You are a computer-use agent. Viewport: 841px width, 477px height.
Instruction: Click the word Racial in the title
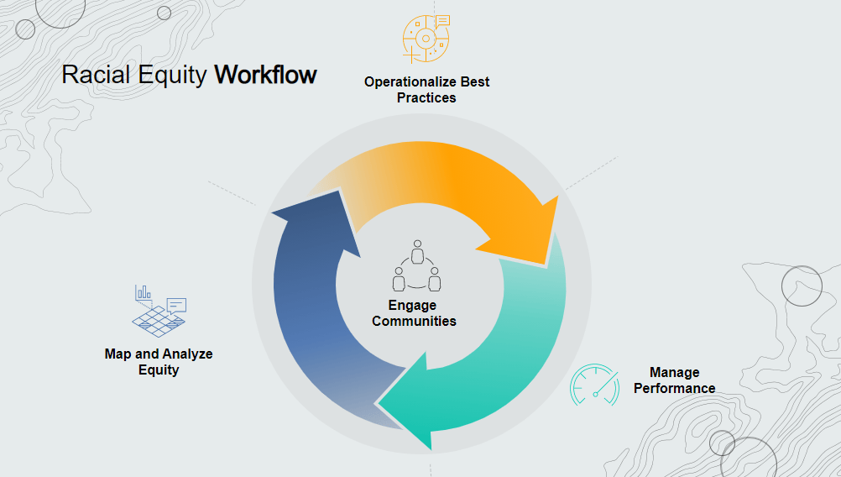point(92,75)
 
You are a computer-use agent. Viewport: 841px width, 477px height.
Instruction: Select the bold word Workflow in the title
point(265,75)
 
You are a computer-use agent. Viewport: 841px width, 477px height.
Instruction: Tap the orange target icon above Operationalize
point(426,39)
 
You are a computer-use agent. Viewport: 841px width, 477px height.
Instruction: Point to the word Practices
point(426,97)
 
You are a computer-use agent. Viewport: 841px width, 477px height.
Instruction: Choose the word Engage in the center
point(412,306)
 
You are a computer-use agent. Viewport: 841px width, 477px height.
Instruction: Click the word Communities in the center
point(415,321)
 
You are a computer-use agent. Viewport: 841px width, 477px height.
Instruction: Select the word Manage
point(674,372)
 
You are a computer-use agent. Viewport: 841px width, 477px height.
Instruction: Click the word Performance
point(674,388)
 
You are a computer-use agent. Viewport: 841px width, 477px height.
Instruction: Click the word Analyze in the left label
point(184,354)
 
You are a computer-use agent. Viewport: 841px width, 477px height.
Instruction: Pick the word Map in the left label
point(118,354)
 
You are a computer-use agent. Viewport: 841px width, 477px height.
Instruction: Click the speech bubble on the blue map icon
point(176,304)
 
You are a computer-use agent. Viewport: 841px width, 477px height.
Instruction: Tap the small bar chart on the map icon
point(144,292)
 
